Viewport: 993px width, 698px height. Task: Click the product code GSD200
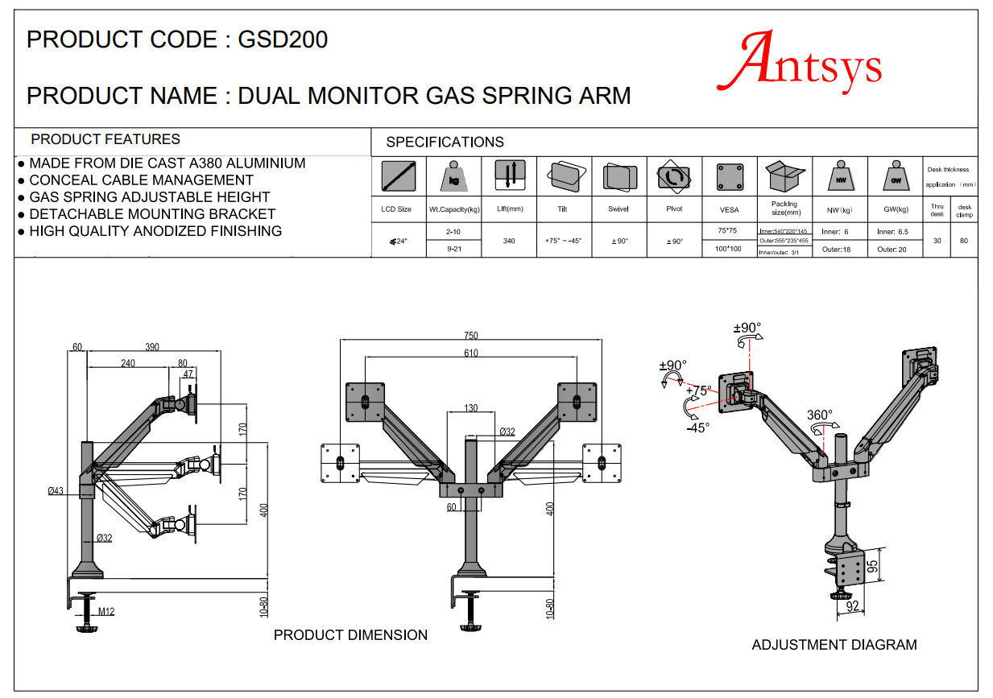point(283,39)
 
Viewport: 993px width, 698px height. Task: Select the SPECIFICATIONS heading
point(445,142)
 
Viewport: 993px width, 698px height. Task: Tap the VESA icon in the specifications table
point(730,176)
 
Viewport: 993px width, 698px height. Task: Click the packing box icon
point(785,176)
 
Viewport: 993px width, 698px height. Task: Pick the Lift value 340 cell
point(509,241)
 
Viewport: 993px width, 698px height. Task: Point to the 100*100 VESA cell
point(730,250)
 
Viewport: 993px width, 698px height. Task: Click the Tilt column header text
point(564,209)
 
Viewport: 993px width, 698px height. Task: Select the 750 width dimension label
point(470,336)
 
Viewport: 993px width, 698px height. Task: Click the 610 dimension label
point(470,353)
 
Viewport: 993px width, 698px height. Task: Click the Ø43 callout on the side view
point(56,490)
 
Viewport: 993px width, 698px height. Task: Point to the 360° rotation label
point(820,415)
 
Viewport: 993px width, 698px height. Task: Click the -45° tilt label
point(698,427)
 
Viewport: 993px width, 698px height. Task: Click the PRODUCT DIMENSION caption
point(350,635)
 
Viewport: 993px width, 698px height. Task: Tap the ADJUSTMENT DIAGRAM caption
point(834,645)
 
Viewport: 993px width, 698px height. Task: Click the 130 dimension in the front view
point(470,408)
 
